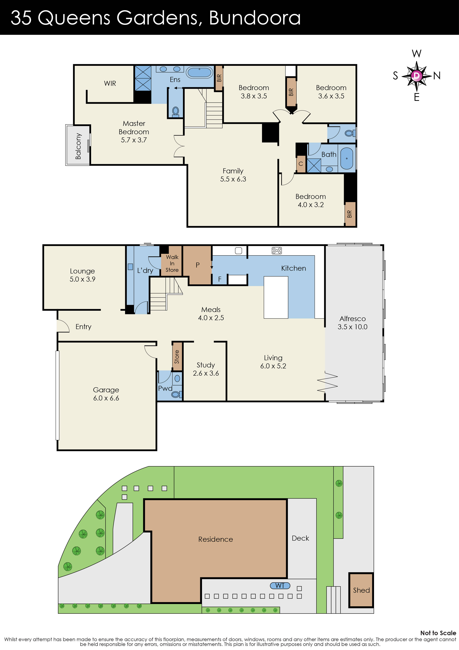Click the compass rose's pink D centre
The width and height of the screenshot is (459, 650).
point(416,75)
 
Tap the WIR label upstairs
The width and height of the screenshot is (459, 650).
point(110,83)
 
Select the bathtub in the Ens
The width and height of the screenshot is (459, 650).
point(199,72)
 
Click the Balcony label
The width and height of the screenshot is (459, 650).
point(78,146)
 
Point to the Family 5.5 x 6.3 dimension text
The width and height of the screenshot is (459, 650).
point(233,179)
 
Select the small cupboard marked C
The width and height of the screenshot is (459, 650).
point(301,164)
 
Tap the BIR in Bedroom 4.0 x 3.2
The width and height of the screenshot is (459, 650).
point(350,214)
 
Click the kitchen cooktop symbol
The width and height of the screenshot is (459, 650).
point(277,250)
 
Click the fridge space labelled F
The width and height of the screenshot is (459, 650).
point(220,279)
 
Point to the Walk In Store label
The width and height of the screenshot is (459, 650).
point(172,263)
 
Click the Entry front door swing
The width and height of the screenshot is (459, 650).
point(63,326)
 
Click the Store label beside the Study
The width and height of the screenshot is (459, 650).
point(177,357)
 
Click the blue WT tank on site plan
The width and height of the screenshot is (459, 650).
point(280,585)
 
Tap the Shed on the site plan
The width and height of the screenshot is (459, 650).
point(361,590)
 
